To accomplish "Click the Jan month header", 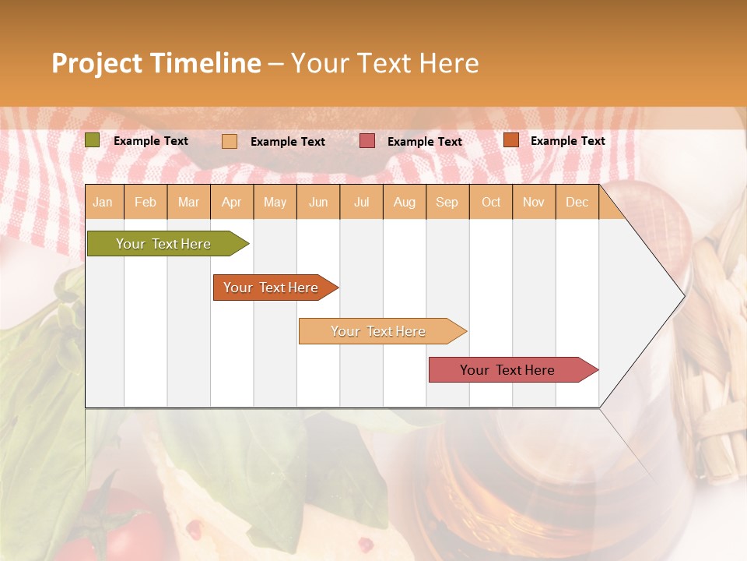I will tap(103, 202).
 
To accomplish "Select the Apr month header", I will tap(231, 202).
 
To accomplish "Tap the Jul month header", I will tap(361, 202).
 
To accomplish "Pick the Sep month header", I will tap(447, 202).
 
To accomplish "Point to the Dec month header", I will tap(577, 202).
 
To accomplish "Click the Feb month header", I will tap(146, 202).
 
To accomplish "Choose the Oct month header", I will tap(491, 202).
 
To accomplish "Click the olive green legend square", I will tap(93, 140).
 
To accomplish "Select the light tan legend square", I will tap(230, 141).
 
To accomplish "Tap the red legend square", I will tap(367, 141).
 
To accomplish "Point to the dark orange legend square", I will tap(510, 140).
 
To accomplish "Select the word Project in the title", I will tap(97, 63).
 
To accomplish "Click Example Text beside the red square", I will tap(424, 142).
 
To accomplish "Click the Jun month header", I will tap(318, 202).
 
